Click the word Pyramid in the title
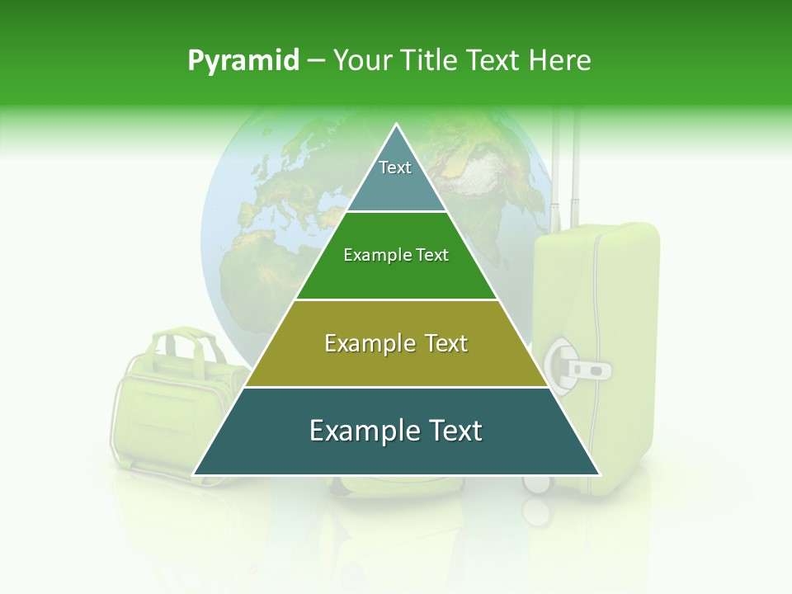243,61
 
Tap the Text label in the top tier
395,167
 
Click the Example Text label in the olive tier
396,343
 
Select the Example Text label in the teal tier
396,431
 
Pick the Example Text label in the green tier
396,256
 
